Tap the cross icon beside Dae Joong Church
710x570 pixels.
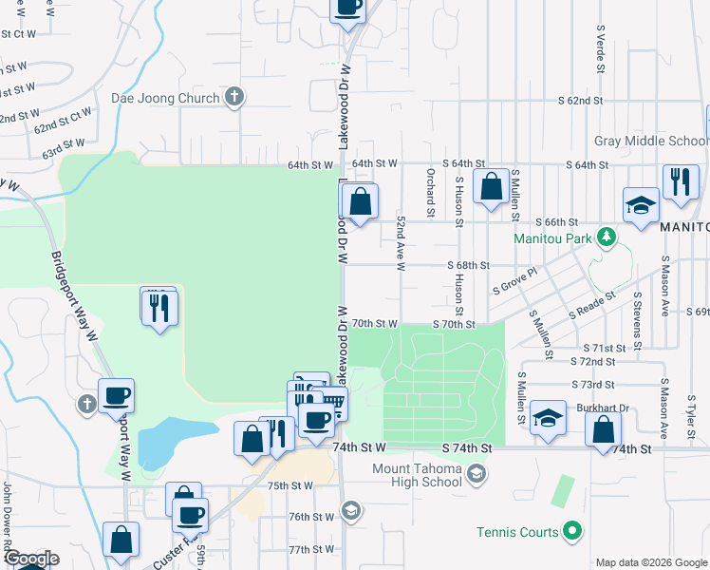234,97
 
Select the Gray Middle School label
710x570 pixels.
650,142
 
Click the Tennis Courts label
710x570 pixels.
519,532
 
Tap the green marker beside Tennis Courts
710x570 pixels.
571,532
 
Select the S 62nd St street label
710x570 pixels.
581,100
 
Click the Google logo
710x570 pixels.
30,560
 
